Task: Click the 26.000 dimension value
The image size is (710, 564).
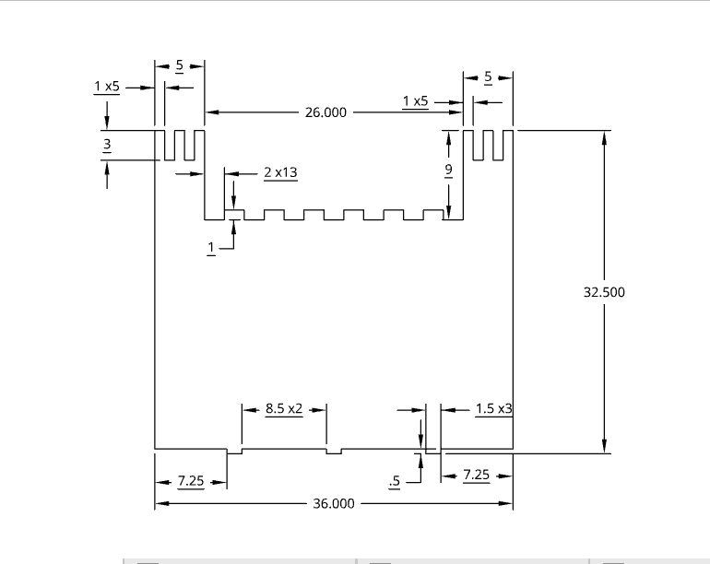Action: [x=325, y=112]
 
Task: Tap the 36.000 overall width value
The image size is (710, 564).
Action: [x=333, y=504]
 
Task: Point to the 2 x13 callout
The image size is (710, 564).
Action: [x=280, y=172]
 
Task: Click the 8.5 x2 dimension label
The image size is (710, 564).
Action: [x=284, y=408]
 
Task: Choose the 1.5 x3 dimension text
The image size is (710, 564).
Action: [x=494, y=408]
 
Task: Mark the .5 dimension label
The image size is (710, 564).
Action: [x=396, y=481]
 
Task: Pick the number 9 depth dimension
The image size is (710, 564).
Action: [x=448, y=170]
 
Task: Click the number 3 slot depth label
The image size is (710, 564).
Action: [x=107, y=145]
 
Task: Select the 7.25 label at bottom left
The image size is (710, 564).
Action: [x=191, y=481]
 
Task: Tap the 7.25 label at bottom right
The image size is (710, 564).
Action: [x=476, y=476]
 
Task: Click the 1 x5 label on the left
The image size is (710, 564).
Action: [x=107, y=86]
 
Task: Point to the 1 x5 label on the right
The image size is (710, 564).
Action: [x=416, y=100]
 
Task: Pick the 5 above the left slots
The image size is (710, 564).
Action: [x=179, y=65]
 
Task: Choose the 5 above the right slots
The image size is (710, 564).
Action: [x=488, y=76]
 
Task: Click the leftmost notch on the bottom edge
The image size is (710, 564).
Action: [x=234, y=452]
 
